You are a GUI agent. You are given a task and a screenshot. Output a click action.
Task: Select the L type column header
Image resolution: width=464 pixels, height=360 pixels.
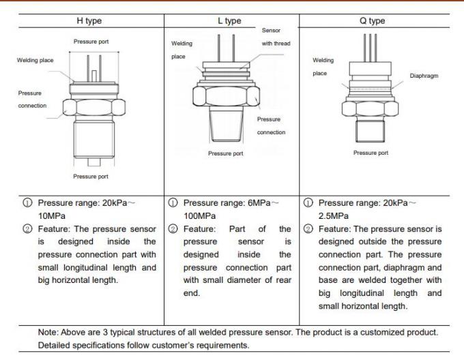231,21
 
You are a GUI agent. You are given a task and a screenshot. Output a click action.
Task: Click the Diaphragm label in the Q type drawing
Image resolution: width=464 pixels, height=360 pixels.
423,76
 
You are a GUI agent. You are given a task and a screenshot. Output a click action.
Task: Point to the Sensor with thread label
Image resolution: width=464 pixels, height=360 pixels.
275,36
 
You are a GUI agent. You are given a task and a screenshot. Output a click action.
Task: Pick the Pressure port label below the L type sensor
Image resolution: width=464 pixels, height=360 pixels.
225,153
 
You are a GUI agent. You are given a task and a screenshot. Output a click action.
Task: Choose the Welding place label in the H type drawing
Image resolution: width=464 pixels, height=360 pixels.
35,60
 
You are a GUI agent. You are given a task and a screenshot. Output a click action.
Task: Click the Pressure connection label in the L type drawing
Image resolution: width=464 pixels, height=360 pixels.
271,125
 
